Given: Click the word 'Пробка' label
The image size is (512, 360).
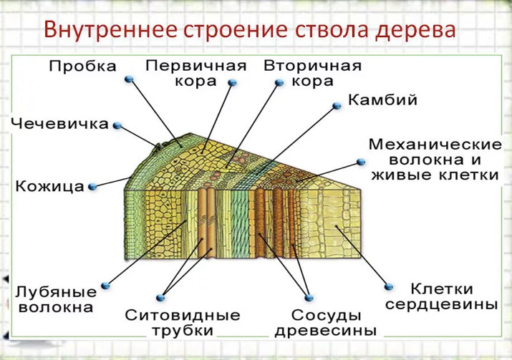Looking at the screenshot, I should click(82, 67).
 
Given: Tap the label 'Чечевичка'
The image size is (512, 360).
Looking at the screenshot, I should click(60, 124).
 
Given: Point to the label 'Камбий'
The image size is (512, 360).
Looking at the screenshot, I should click(382, 99).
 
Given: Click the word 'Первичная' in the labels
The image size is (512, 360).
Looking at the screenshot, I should click(196, 65).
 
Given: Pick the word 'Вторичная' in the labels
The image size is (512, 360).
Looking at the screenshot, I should click(312, 65).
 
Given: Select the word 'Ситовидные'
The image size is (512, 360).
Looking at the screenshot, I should click(183, 316).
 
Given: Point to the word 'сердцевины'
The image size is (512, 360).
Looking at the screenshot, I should click(441, 304).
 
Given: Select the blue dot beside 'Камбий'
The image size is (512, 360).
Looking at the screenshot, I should click(337, 104).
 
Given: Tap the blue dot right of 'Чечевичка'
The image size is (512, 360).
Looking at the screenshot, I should click(117, 125).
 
